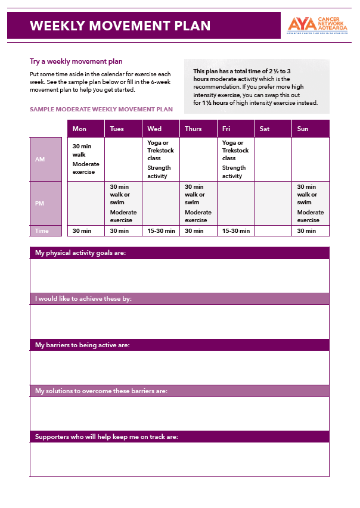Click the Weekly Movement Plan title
tap(120, 26)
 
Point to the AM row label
tap(46, 159)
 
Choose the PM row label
tap(46, 204)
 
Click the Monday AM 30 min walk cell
tap(86, 159)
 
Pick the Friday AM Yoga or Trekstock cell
tap(235, 159)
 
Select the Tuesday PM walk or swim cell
tap(123, 204)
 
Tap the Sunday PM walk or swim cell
tap(310, 204)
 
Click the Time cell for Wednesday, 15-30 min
tap(161, 231)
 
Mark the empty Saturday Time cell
tap(273, 231)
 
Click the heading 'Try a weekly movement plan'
tap(76, 61)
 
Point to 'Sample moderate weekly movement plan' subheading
tap(101, 110)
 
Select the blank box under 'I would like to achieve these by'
tap(179, 322)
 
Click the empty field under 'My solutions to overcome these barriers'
tap(179, 413)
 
